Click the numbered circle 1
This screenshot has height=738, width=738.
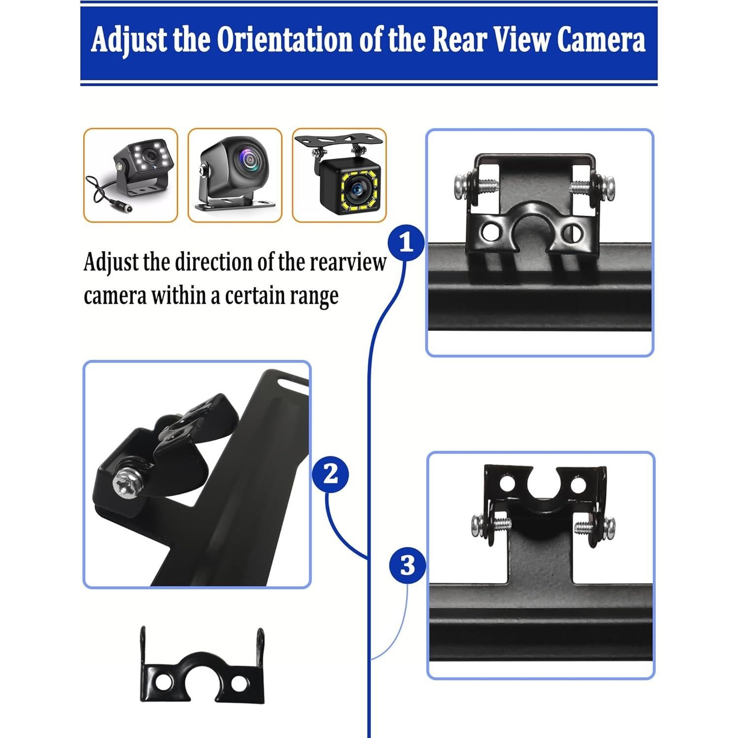coord(406,243)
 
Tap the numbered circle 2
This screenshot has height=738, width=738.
coord(330,475)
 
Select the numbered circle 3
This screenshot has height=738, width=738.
coord(407,566)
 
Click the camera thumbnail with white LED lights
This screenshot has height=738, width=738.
coord(130,175)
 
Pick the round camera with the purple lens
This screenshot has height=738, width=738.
coord(235,175)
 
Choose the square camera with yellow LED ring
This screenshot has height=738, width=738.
coord(339,175)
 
